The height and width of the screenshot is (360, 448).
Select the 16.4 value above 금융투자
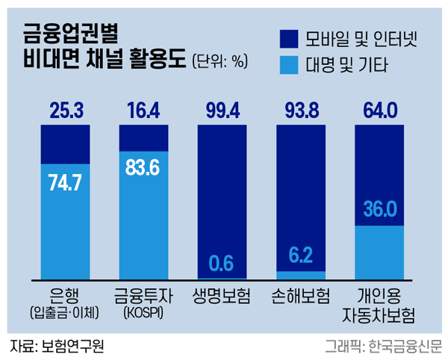coord(144,112)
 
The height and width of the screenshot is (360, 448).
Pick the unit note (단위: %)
coord(219,61)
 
